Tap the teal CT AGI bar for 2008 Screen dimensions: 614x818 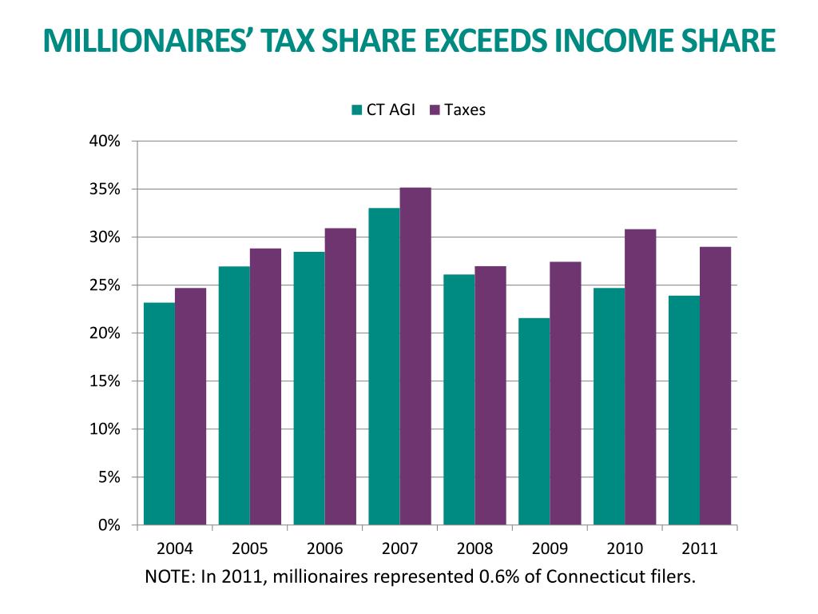point(459,400)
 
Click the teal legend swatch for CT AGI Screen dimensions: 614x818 point(356,110)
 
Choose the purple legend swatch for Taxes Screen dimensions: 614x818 point(435,110)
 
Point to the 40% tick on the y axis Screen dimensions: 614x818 point(137,142)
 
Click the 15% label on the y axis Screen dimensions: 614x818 point(104,381)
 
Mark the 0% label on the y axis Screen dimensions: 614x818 point(109,525)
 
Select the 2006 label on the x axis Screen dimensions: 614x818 point(324,549)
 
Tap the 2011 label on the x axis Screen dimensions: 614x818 point(700,549)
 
